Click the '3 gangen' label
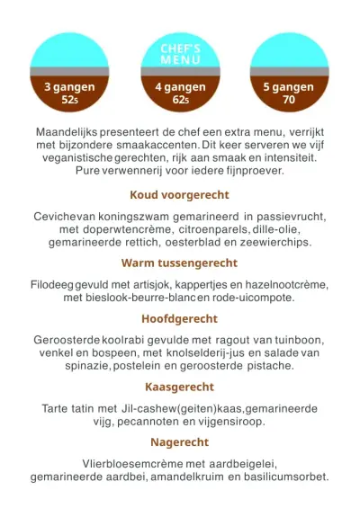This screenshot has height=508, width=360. click(x=70, y=87)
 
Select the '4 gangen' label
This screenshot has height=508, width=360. click(x=180, y=87)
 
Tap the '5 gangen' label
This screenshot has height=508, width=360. click(x=288, y=87)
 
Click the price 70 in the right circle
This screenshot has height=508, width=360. click(x=288, y=101)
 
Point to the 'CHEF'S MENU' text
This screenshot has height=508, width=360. click(x=180, y=53)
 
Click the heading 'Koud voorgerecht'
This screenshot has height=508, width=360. click(x=179, y=194)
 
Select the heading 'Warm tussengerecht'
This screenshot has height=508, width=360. click(x=179, y=263)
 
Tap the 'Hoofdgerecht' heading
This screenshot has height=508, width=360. click(x=179, y=319)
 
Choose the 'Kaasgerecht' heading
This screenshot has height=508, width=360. click(x=179, y=388)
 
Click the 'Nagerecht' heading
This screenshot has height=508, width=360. click(x=179, y=442)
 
